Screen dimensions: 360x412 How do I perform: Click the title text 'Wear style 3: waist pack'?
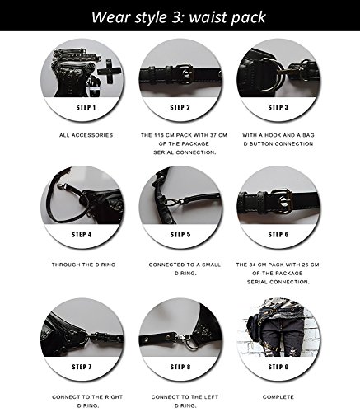[178, 17]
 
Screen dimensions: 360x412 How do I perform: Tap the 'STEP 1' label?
[86, 107]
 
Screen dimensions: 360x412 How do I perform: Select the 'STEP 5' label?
[180, 235]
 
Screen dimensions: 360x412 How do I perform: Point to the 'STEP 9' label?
[278, 367]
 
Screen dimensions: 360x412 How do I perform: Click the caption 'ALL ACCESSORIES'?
[86, 135]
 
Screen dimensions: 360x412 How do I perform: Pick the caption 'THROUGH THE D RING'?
[83, 265]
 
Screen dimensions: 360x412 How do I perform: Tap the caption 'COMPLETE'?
[278, 397]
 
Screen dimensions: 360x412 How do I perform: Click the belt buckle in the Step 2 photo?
[185, 73]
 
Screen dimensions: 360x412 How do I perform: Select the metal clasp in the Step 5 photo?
[173, 203]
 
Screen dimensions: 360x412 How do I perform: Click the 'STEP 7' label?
[82, 367]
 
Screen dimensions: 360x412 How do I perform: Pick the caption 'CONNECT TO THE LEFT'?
[185, 397]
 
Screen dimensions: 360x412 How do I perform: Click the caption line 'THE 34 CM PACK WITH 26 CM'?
[278, 265]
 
